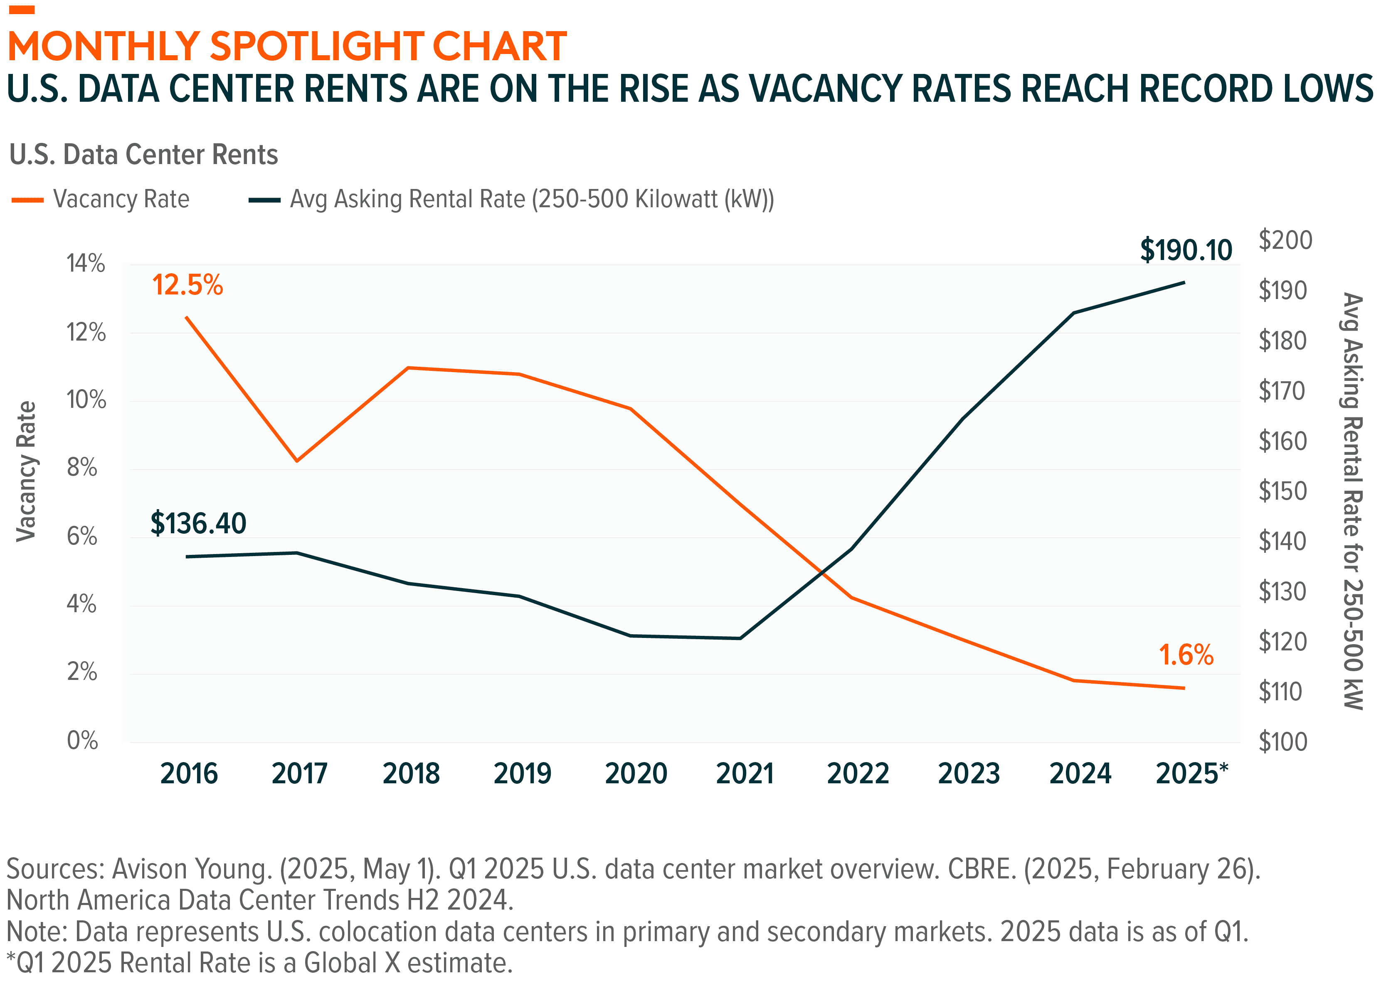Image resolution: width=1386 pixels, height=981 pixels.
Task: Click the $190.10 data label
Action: click(x=1185, y=250)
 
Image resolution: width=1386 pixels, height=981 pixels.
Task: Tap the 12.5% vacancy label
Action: click(x=187, y=285)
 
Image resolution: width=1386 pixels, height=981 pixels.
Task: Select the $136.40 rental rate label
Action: click(x=198, y=523)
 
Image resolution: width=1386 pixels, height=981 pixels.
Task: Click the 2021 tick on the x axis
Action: click(x=745, y=774)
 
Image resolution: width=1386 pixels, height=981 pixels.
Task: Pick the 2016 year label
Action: click(x=189, y=774)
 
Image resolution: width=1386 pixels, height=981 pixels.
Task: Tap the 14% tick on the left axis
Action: click(x=85, y=264)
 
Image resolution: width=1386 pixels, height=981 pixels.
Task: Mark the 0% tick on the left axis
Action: click(x=82, y=741)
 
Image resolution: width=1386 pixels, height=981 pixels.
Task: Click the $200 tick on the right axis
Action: click(x=1285, y=240)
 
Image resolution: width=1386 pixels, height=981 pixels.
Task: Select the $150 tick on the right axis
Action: click(x=1282, y=491)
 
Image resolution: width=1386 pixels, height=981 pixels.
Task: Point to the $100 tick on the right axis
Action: click(x=1282, y=742)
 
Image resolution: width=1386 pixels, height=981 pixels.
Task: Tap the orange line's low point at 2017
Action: click(x=297, y=461)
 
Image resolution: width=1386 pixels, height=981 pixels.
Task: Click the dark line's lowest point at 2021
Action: click(x=740, y=638)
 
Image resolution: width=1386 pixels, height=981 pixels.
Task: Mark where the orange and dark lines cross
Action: click(x=821, y=571)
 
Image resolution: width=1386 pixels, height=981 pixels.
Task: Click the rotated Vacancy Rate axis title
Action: click(x=26, y=471)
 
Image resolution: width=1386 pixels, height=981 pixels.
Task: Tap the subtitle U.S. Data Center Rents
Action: click(x=144, y=155)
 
